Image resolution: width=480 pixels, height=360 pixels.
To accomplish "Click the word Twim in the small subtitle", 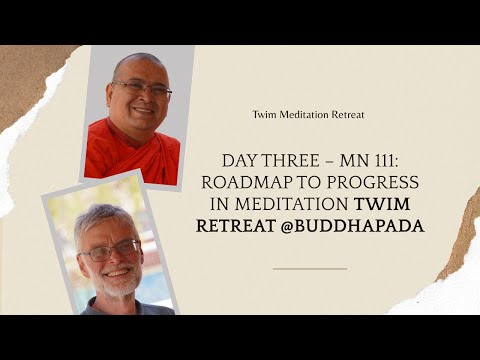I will (264, 115).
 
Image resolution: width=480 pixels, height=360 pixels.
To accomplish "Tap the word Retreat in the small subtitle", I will (345, 115).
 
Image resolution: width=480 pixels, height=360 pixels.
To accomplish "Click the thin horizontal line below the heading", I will (309, 268).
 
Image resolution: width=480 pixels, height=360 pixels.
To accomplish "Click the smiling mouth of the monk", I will (142, 109).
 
